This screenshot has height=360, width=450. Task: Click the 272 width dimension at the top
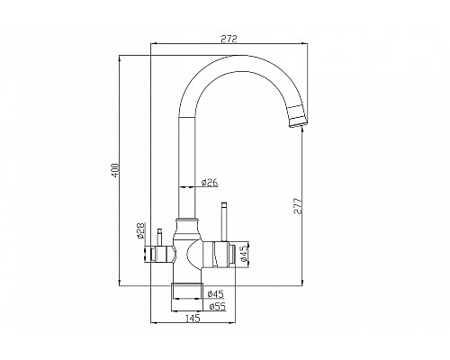click(227, 36)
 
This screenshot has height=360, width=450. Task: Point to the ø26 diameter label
click(209, 183)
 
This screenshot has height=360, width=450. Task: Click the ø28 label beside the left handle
click(141, 233)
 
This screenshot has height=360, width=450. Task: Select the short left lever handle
click(160, 238)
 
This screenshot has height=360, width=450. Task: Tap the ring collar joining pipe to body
click(186, 220)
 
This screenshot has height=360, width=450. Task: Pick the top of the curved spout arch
click(231, 59)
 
